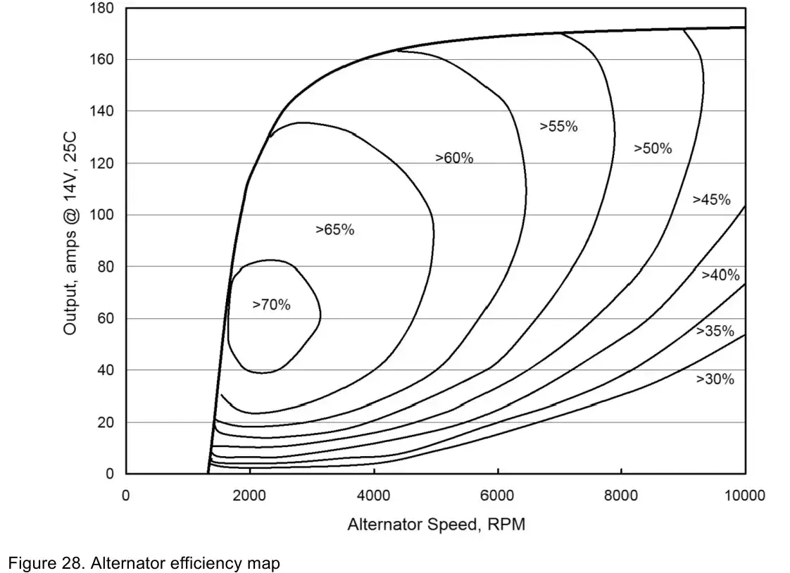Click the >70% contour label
pyautogui.click(x=271, y=305)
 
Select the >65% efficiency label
pyautogui.click(x=334, y=229)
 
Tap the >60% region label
pyautogui.click(x=454, y=158)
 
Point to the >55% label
pyautogui.click(x=558, y=127)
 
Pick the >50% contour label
pyautogui.click(x=653, y=149)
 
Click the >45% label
pyautogui.click(x=711, y=199)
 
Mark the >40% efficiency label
pyautogui.click(x=720, y=275)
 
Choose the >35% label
pyautogui.click(x=715, y=331)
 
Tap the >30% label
pyautogui.click(x=715, y=379)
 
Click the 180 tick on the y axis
pyautogui.click(x=103, y=8)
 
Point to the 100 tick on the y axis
pyautogui.click(x=103, y=215)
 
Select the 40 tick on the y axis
pyautogui.click(x=106, y=370)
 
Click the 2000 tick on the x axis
pyautogui.click(x=250, y=495)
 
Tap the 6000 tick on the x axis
pyautogui.click(x=498, y=495)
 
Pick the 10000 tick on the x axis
pyautogui.click(x=745, y=495)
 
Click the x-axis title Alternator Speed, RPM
pyautogui.click(x=436, y=525)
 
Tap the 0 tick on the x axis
pyautogui.click(x=126, y=495)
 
